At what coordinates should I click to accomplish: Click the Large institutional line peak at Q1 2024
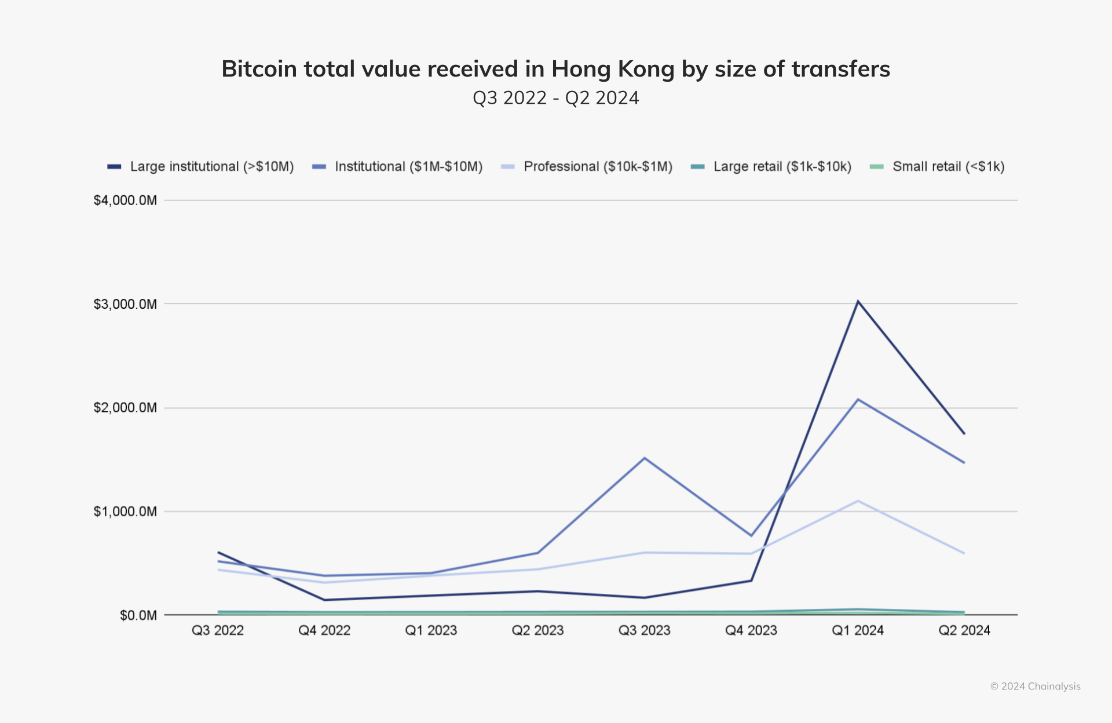[858, 301]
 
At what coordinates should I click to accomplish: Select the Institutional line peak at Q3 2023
[645, 458]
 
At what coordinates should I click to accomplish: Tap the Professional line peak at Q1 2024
[858, 501]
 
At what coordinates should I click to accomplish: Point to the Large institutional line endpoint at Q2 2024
[964, 433]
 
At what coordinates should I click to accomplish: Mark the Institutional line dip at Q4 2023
[751, 535]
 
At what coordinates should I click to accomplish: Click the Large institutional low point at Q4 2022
[324, 600]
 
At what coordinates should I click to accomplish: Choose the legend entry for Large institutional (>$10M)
[200, 167]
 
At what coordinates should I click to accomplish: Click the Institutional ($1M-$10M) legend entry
[397, 167]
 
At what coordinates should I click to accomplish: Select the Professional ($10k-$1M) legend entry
[587, 167]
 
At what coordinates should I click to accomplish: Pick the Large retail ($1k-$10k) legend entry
[771, 167]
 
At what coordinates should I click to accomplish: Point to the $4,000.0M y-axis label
[125, 200]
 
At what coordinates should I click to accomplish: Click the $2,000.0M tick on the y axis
[125, 408]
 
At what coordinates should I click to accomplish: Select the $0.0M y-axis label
[138, 615]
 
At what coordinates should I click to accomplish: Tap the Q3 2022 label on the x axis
[218, 630]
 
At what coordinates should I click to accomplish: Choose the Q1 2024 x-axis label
[858, 630]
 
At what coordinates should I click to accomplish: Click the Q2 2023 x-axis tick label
[537, 630]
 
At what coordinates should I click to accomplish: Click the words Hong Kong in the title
[613, 69]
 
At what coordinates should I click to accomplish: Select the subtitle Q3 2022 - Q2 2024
[556, 98]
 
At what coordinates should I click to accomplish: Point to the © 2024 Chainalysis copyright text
[1035, 687]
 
